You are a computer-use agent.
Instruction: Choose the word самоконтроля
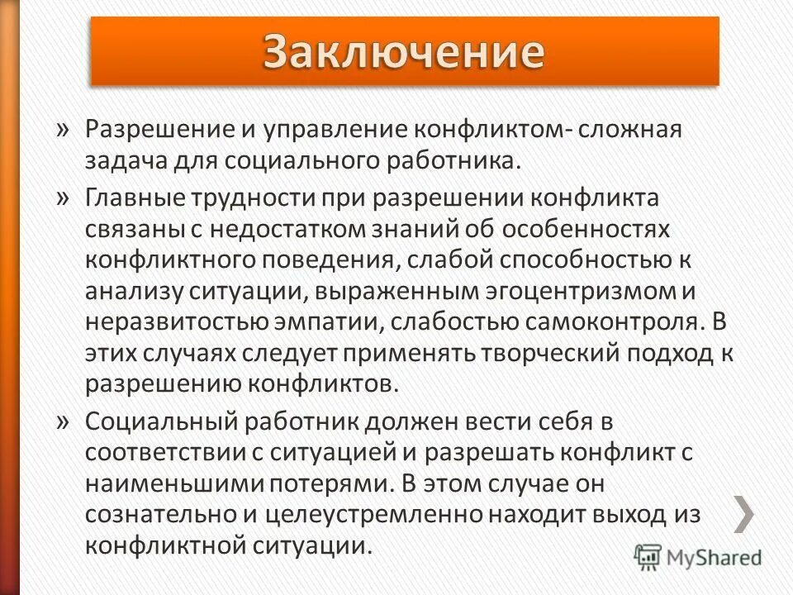click(x=606, y=322)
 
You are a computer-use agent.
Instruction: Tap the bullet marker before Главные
click(x=64, y=198)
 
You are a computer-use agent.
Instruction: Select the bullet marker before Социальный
click(x=64, y=422)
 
